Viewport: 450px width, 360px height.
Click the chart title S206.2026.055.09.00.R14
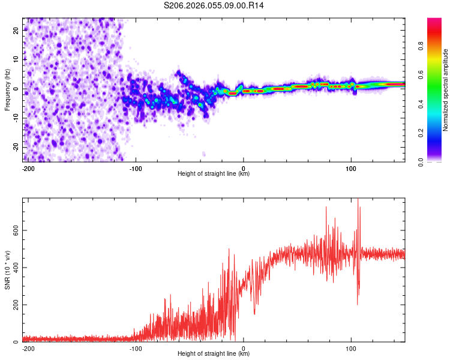214,5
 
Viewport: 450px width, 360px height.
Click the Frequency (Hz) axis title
7,90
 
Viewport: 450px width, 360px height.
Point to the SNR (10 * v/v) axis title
7,269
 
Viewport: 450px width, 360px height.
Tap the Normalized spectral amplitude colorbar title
445,90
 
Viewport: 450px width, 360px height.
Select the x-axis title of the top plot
214,174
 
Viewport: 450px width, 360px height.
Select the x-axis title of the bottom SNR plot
214,354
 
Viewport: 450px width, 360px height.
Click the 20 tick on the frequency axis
16,29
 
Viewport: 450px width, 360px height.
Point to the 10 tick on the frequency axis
16,59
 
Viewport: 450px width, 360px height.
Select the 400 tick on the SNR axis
14,268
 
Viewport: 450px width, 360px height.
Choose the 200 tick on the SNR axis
14,305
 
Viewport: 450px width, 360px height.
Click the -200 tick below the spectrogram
28,168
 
